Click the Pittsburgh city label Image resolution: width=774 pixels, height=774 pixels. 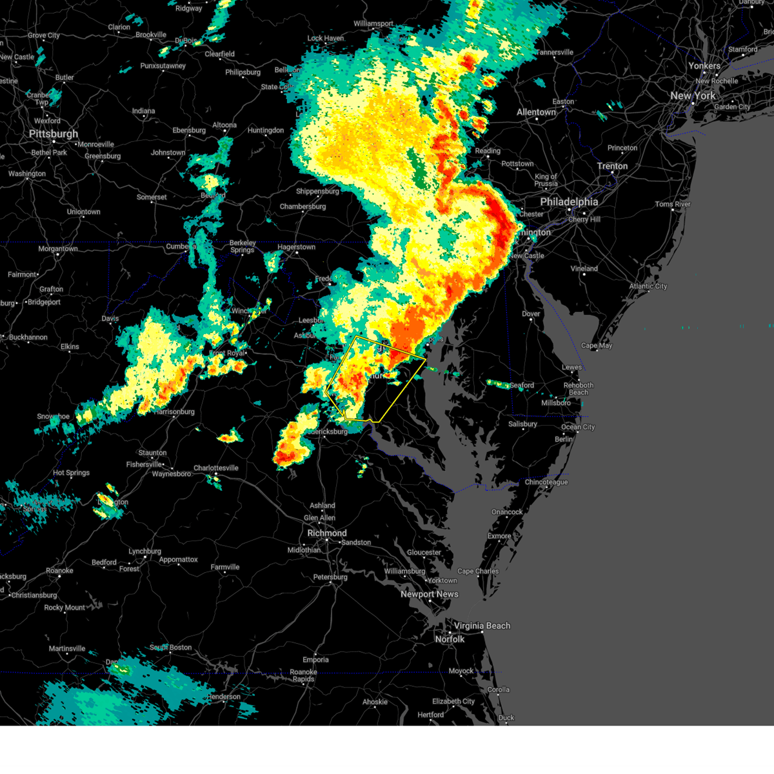(54, 134)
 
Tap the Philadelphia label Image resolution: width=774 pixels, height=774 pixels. (569, 202)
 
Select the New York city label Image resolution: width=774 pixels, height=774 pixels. (693, 95)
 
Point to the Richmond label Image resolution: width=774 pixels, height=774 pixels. (327, 533)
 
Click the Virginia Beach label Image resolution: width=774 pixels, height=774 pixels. (482, 626)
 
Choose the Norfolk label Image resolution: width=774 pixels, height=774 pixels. (450, 639)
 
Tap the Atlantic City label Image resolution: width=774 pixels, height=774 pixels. (648, 286)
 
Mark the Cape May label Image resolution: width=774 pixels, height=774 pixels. (597, 346)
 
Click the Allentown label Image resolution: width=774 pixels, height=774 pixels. (536, 112)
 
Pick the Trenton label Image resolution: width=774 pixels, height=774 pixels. (612, 166)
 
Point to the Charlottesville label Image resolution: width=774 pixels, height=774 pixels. (216, 468)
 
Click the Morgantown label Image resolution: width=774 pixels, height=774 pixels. (58, 249)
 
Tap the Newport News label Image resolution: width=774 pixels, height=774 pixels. (430, 594)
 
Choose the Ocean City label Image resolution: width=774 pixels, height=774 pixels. (578, 427)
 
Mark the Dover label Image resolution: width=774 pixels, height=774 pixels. (531, 314)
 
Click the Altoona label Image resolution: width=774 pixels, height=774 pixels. (224, 125)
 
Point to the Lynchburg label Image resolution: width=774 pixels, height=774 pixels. (144, 551)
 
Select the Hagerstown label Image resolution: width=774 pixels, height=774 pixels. (297, 247)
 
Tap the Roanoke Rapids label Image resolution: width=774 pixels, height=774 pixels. (303, 675)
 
